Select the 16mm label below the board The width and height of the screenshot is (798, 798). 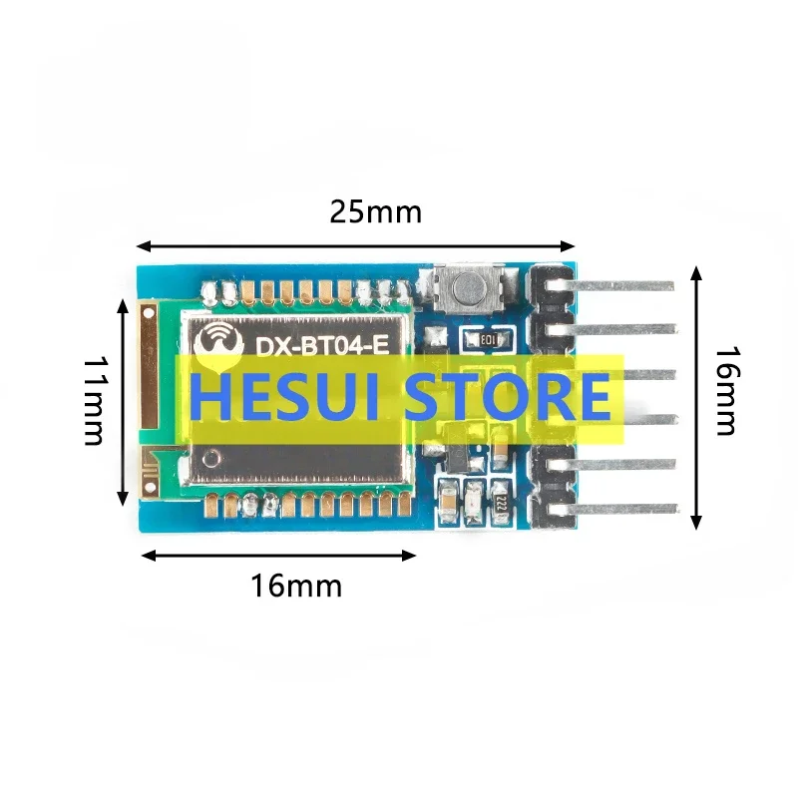click(x=295, y=586)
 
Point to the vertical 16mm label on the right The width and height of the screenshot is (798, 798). click(x=726, y=390)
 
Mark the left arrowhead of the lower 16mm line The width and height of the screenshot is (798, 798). click(x=147, y=556)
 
